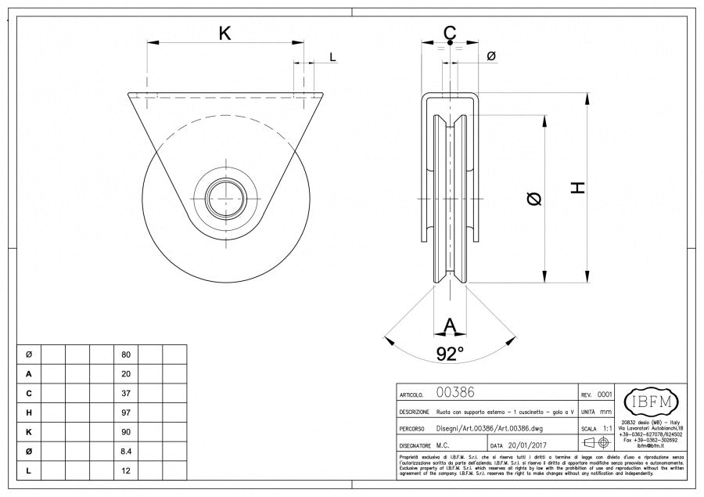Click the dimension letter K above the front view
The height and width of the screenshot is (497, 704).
tap(224, 33)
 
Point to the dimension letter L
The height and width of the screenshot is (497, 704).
tap(332, 57)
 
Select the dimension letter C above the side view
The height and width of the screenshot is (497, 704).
tap(450, 34)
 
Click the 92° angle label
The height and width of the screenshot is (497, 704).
tap(450, 354)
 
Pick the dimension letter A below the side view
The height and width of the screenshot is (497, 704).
tap(450, 325)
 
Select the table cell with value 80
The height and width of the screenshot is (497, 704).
tap(126, 355)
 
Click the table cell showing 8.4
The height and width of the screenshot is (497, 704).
tap(126, 452)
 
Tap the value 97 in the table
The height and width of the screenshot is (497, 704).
tap(126, 412)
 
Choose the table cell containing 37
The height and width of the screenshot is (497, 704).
tap(126, 393)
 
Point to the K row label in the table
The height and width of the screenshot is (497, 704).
tap(29, 432)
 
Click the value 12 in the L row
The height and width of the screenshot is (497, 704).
tap(126, 471)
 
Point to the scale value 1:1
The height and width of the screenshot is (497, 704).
tap(608, 429)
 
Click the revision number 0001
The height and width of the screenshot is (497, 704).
tap(605, 395)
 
